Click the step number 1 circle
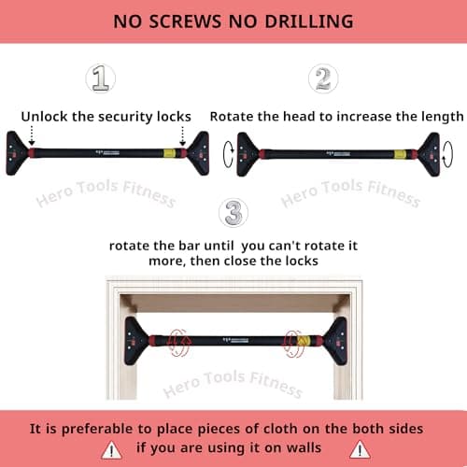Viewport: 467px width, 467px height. (101, 78)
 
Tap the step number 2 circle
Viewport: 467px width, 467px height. (322, 78)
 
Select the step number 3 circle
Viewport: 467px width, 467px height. (233, 213)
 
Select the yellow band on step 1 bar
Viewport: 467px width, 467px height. (169, 153)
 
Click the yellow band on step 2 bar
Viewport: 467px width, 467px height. (400, 153)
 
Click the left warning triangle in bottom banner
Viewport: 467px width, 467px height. (111, 450)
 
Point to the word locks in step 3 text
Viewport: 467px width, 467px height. (297, 262)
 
